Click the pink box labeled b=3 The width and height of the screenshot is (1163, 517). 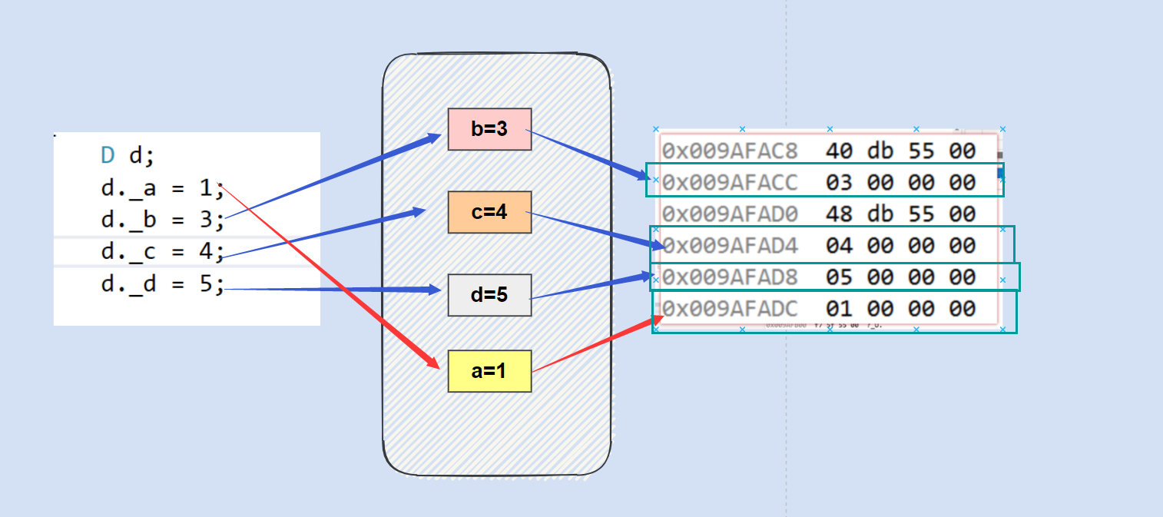489,129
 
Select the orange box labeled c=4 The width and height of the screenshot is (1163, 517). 489,212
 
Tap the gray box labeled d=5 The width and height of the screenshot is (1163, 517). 489,295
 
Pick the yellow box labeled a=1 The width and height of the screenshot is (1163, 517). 489,371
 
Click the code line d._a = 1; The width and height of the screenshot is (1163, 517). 162,189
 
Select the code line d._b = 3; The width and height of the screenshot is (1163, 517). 162,220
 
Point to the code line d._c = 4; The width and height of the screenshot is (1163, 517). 162,252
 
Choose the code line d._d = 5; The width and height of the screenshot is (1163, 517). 162,284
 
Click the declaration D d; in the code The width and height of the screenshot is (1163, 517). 128,156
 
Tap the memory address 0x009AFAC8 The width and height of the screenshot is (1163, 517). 730,151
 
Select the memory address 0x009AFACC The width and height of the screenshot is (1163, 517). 730,182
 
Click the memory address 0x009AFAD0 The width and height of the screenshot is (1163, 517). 730,214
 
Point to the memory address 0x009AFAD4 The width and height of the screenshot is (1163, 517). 730,246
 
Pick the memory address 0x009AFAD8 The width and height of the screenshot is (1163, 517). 730,277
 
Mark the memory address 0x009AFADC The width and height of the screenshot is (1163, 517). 730,309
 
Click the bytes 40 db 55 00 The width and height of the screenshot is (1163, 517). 900,151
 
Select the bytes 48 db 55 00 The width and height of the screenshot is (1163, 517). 900,214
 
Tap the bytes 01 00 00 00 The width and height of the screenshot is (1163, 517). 900,309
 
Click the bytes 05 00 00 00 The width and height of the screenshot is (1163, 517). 900,277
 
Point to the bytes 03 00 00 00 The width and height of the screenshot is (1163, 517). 900,182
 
